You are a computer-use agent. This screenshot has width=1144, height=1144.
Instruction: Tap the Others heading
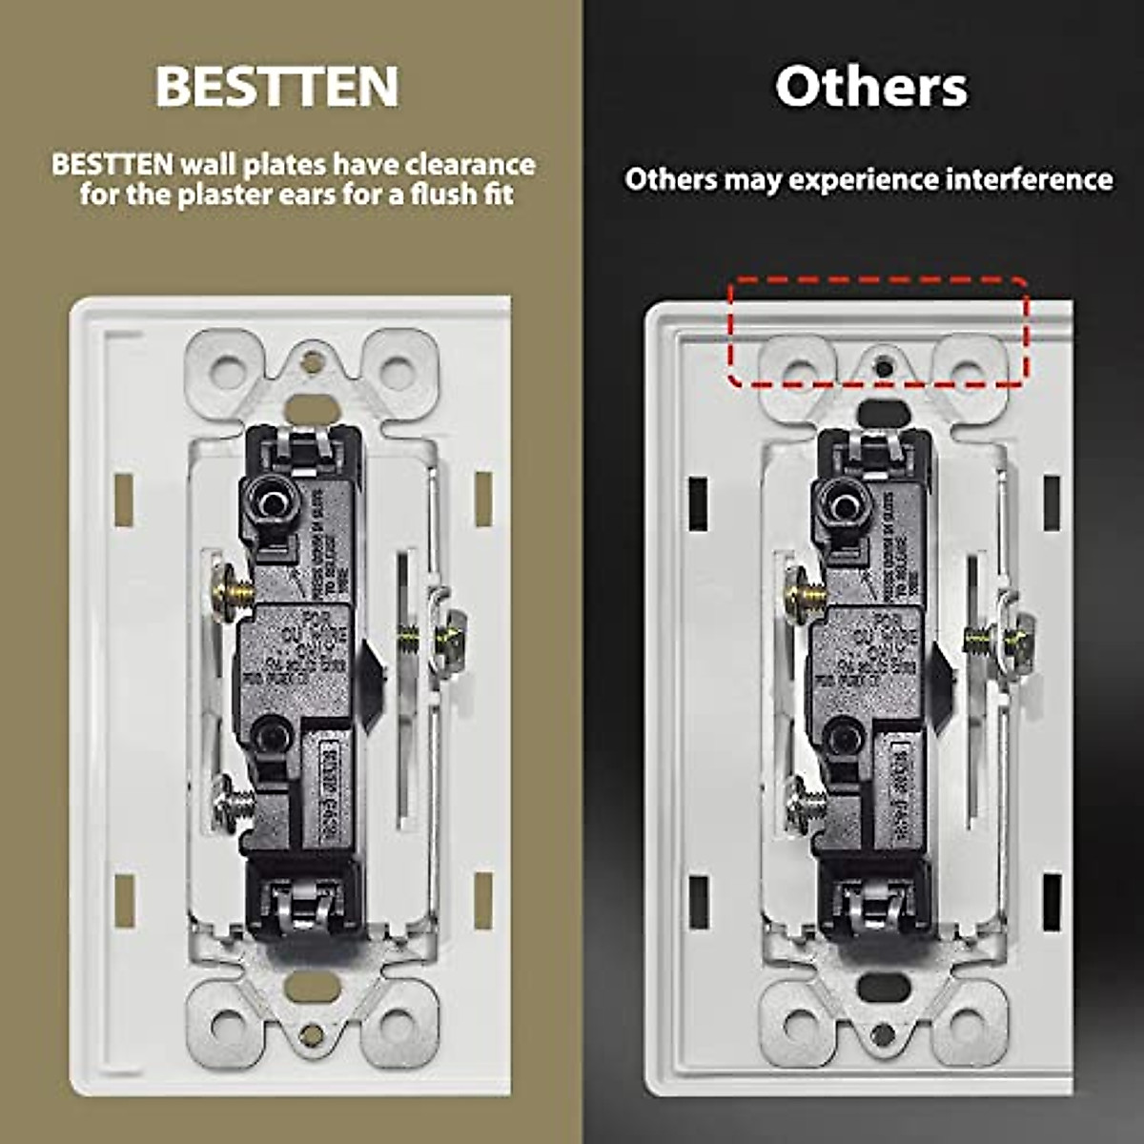(870, 87)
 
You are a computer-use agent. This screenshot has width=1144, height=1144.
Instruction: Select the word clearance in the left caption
(470, 164)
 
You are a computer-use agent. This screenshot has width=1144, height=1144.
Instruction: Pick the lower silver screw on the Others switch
(803, 803)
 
